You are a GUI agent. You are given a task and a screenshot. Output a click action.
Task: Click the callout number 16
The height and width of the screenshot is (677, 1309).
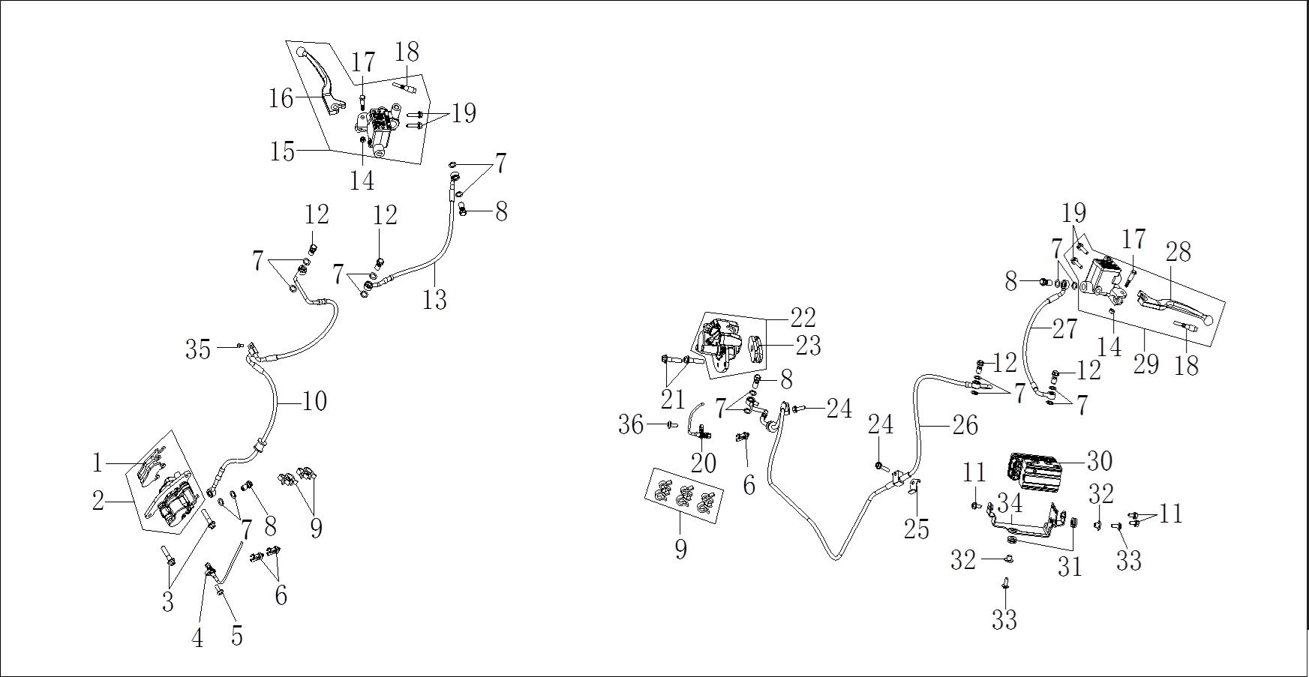pyautogui.click(x=281, y=98)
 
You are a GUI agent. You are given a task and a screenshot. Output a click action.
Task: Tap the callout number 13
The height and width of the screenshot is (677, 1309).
pyautogui.click(x=434, y=300)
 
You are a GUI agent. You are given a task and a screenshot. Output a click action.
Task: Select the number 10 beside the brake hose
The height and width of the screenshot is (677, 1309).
pyautogui.click(x=315, y=402)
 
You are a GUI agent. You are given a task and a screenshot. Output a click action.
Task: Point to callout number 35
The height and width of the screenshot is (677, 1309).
pyautogui.click(x=198, y=349)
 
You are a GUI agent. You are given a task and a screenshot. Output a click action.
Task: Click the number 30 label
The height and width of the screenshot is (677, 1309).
pyautogui.click(x=1100, y=461)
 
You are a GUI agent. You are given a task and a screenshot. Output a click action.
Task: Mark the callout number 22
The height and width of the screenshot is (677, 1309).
pyautogui.click(x=803, y=318)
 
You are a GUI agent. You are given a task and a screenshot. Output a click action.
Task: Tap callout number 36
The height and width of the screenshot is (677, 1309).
pyautogui.click(x=631, y=425)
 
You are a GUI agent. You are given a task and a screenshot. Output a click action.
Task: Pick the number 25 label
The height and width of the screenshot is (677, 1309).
pyautogui.click(x=917, y=529)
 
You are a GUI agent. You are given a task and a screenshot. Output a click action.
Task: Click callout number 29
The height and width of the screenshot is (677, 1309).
pyautogui.click(x=1146, y=364)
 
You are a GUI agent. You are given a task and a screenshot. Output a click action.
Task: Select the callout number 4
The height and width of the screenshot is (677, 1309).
pyautogui.click(x=197, y=638)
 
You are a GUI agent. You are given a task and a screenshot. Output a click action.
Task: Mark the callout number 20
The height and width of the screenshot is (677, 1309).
pyautogui.click(x=703, y=463)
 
